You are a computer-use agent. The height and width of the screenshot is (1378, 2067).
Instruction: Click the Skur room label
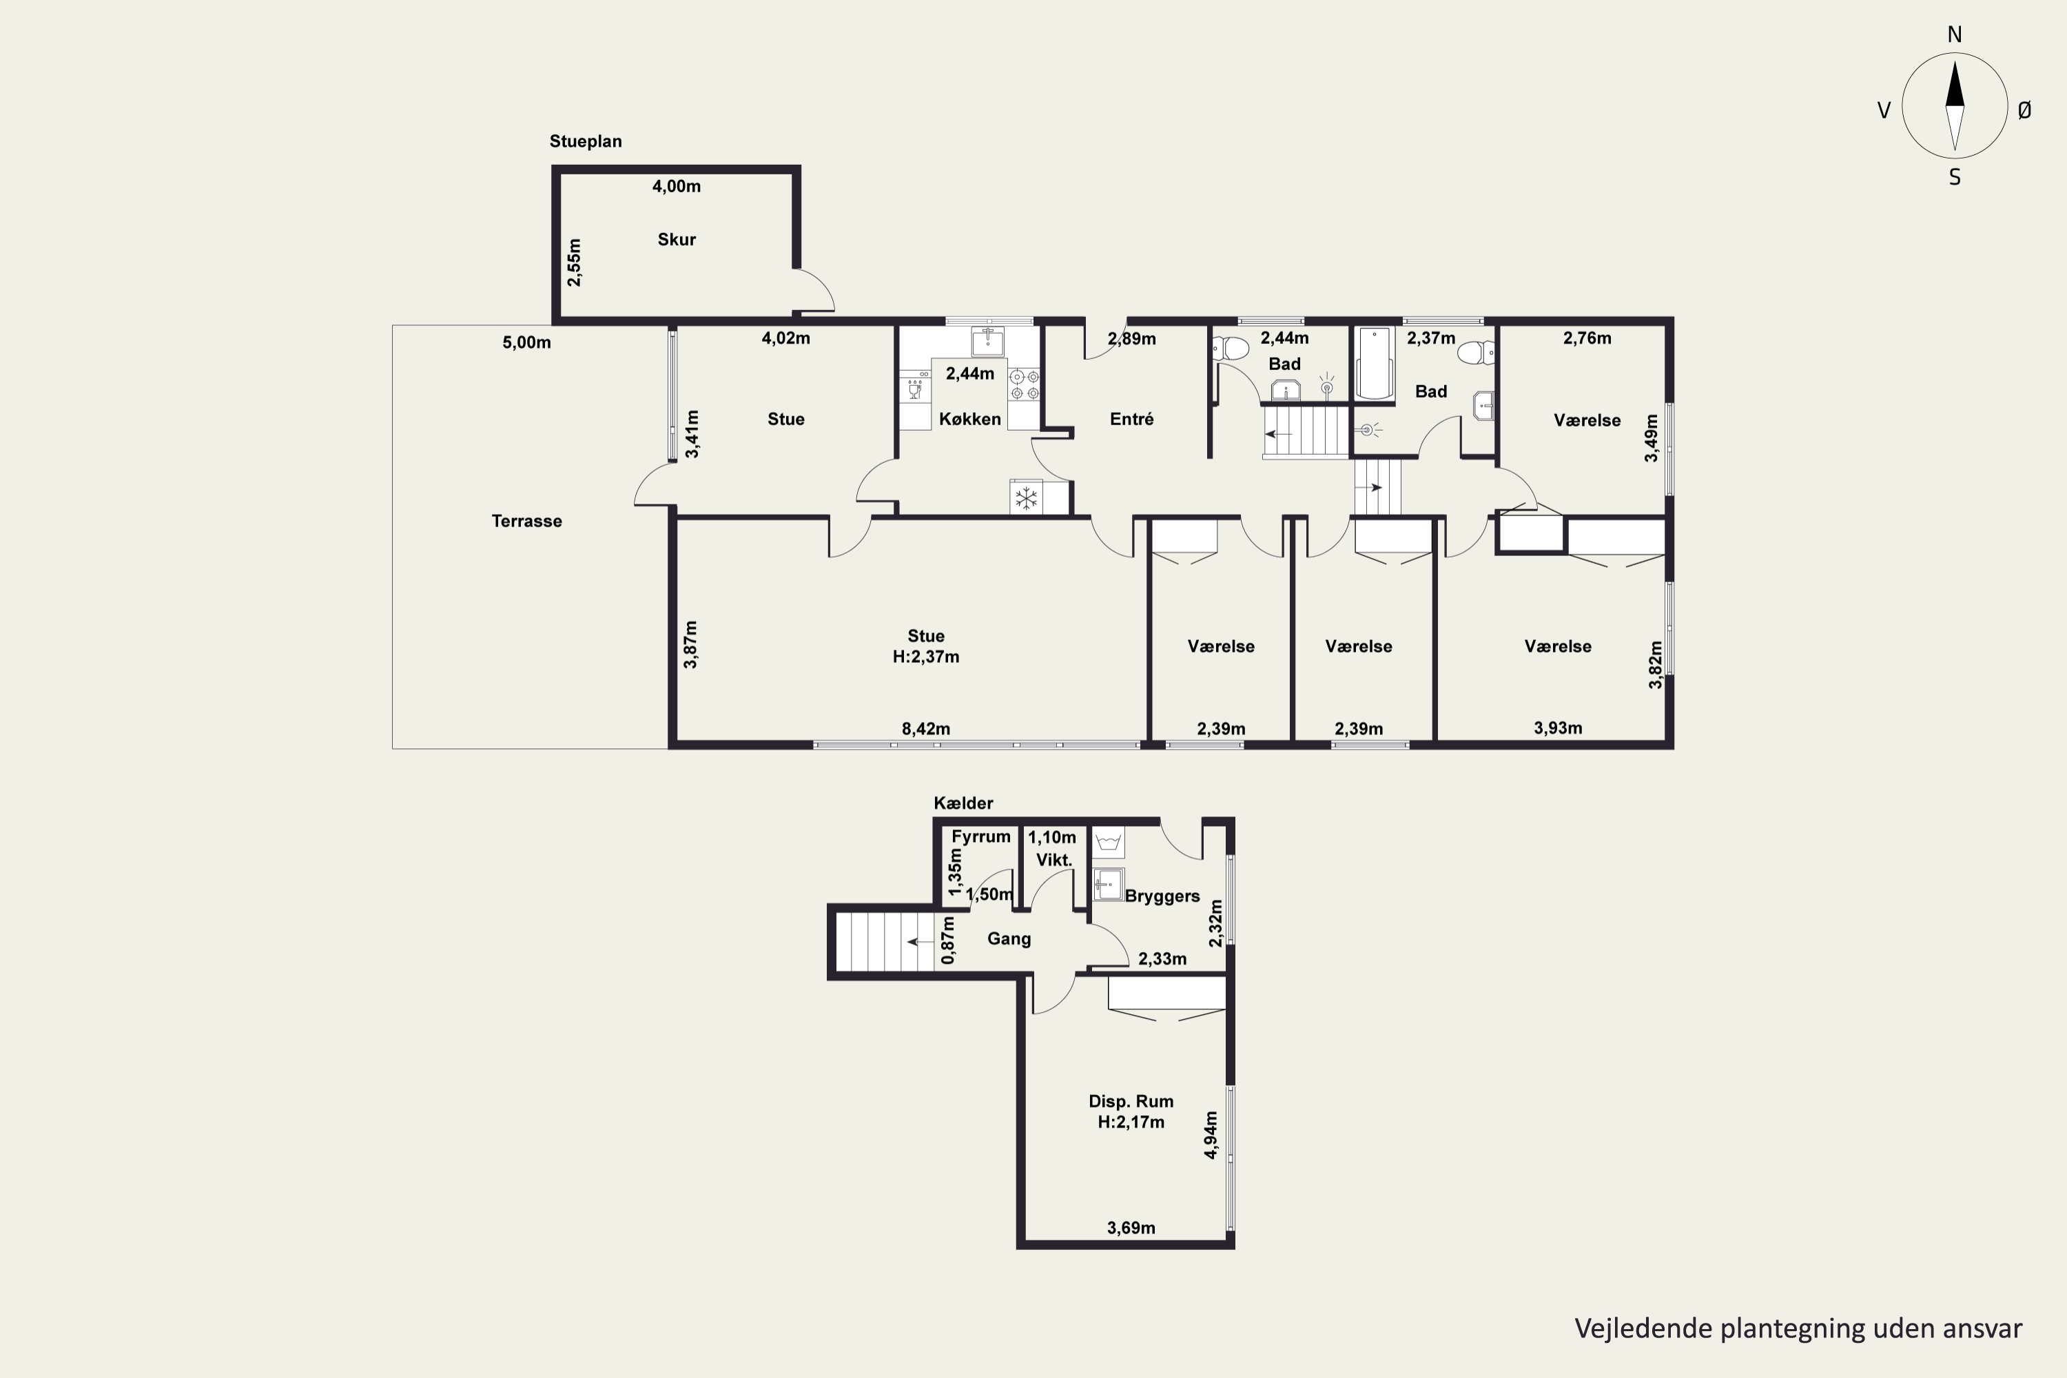677,239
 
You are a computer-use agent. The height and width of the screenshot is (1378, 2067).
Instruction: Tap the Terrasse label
526,521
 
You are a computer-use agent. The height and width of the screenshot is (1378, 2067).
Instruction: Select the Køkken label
970,419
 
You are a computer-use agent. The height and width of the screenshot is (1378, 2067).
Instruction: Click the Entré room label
1131,419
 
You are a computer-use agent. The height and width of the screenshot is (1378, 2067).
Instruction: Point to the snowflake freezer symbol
1026,498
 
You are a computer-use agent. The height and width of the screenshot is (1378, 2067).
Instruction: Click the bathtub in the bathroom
1375,363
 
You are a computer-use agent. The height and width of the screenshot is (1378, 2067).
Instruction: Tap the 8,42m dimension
925,728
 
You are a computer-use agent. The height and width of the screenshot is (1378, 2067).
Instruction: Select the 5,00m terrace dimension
526,342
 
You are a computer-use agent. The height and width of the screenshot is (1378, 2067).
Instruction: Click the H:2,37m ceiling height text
925,657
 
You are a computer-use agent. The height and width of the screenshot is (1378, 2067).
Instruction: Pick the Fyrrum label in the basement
980,836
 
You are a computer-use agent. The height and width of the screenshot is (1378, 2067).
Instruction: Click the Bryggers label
1162,896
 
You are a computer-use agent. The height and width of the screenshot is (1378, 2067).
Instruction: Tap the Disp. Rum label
1131,1101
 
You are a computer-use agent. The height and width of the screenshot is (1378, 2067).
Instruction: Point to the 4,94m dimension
1211,1135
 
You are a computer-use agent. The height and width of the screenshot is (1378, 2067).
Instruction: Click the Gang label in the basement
1009,938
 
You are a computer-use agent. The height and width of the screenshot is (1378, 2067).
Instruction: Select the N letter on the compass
1955,34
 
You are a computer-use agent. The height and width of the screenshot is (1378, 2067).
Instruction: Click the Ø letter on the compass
2025,110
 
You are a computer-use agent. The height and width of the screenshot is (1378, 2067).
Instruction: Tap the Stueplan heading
585,141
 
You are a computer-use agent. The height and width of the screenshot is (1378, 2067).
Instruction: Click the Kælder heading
963,803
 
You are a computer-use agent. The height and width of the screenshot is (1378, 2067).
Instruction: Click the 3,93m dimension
1558,728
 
